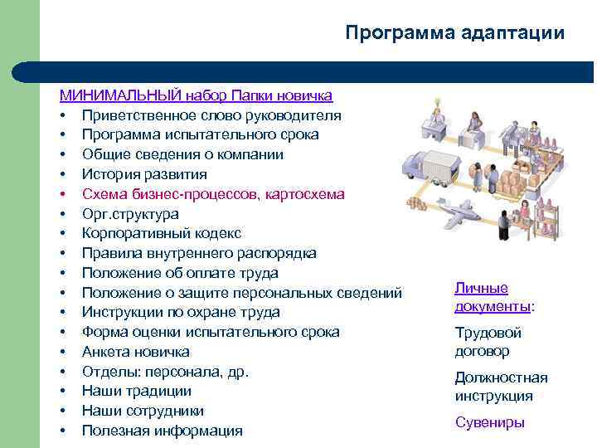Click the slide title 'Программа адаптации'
tap(454, 32)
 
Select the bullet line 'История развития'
tap(144, 174)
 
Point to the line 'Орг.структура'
tap(130, 213)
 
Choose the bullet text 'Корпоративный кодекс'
tap(161, 233)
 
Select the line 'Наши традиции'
tap(137, 391)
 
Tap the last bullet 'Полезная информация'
tap(162, 431)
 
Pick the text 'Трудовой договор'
tap(488, 342)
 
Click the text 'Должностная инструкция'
tap(501, 387)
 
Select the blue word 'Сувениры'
tap(489, 422)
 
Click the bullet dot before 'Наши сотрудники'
tap(63, 411)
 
